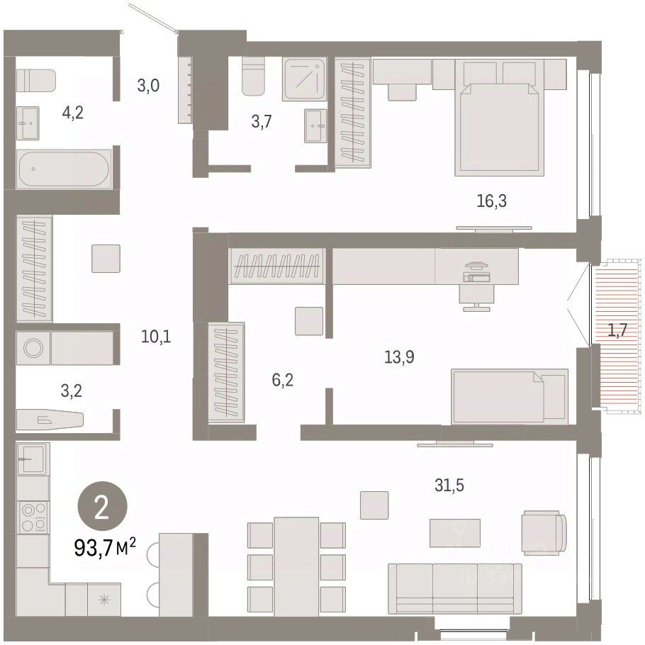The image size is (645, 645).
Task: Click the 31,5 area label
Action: point(449,486)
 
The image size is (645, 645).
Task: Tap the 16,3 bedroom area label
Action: point(492,201)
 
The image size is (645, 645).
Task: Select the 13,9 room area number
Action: point(399,357)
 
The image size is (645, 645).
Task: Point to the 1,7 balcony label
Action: point(617,330)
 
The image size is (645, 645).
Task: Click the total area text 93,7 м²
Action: point(104,547)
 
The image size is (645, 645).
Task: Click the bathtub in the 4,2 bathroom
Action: point(64,169)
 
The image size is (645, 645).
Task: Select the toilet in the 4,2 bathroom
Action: point(35,81)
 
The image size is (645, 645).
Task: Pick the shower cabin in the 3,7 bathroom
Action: point(304,79)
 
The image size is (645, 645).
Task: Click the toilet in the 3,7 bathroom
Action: point(253,77)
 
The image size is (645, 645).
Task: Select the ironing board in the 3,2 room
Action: point(50,420)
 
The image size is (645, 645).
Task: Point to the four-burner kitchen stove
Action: point(33,517)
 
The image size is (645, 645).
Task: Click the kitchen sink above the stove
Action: point(33,459)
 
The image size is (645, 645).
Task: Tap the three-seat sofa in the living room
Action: point(455,588)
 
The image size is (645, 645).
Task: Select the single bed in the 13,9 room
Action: point(510,396)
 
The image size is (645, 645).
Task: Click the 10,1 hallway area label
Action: point(156,337)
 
